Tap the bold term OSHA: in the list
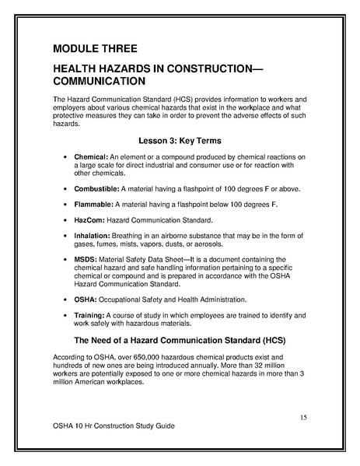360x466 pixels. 86,299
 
